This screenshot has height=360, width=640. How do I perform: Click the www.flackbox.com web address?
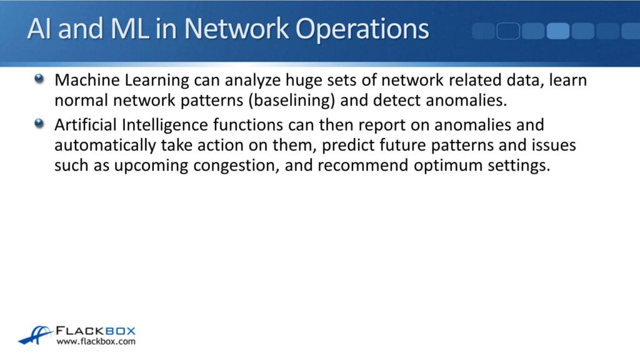pos(96,342)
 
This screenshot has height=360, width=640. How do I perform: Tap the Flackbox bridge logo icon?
pos(34,335)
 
